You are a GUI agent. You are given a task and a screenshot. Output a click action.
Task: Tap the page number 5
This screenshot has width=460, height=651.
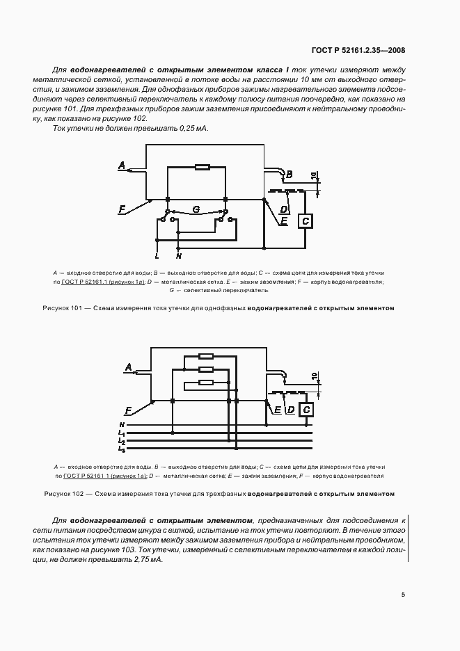click(403, 595)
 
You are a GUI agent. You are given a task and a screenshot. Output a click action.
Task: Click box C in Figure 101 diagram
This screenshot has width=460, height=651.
click(306, 221)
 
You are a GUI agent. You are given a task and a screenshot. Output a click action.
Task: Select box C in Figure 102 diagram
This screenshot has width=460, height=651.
click(306, 411)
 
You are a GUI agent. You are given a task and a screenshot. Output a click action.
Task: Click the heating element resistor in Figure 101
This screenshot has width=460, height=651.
click(203, 167)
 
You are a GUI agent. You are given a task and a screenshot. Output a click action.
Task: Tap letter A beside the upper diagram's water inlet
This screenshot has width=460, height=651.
click(122, 166)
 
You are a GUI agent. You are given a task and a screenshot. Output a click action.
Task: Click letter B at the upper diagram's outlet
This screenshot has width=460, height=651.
click(290, 173)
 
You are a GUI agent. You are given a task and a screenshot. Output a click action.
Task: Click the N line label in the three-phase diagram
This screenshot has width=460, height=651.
click(122, 424)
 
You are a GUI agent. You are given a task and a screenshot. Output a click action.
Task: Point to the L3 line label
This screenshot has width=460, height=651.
click(122, 450)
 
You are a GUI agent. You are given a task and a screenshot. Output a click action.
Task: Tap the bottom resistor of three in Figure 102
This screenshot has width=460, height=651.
click(205, 382)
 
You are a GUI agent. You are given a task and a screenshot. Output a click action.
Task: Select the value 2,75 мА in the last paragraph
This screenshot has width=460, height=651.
click(147, 559)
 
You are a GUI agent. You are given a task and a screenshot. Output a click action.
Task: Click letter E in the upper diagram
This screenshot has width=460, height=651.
click(284, 220)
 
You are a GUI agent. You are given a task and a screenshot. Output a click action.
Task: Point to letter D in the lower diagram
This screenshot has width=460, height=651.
click(290, 410)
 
